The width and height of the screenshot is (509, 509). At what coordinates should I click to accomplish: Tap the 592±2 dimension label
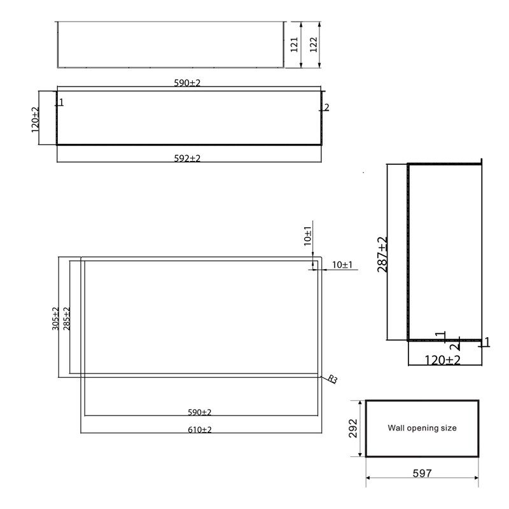point(187,158)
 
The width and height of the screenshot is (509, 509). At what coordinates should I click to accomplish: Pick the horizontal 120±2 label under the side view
point(443,360)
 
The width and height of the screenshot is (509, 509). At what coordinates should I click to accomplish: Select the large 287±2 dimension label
point(382,254)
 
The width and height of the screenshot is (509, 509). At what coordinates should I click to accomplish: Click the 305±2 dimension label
point(55,318)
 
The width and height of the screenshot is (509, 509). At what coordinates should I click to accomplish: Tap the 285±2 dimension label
point(67,318)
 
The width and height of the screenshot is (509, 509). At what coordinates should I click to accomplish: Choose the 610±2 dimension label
point(199,430)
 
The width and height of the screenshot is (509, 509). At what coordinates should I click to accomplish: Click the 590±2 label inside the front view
point(199,412)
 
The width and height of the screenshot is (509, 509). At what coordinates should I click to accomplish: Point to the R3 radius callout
point(332,379)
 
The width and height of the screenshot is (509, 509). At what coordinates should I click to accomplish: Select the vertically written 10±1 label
point(307,236)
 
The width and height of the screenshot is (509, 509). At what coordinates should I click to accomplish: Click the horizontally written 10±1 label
point(342,265)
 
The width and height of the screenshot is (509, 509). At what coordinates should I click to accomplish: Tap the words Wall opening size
point(422,428)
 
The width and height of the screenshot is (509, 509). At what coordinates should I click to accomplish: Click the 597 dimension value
point(421,473)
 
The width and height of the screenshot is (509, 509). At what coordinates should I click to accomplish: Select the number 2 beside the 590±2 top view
point(326,108)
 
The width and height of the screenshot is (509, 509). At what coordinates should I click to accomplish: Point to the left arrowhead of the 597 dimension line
point(369,479)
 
